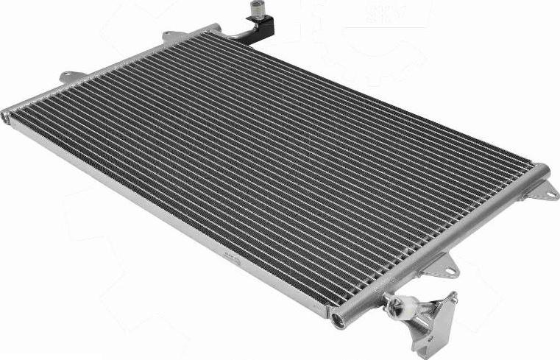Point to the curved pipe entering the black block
point(239,32)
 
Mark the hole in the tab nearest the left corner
point(68,74)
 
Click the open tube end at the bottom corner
point(337,318)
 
